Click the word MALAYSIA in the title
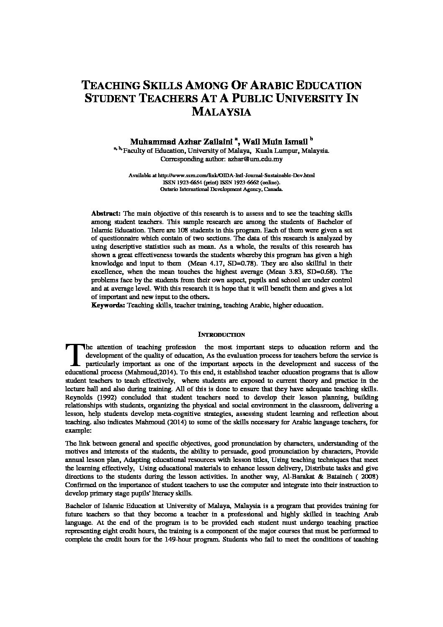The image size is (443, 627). (221, 112)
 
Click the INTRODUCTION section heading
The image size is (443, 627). (221, 335)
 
